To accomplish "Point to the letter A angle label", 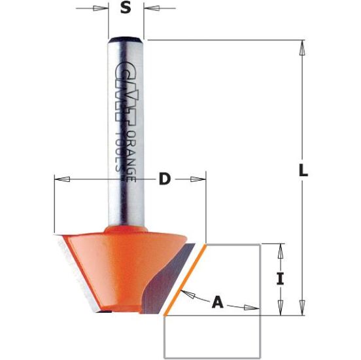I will (x=218, y=302).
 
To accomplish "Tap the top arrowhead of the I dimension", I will (x=283, y=249).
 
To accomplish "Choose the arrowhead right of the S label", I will (x=151, y=9).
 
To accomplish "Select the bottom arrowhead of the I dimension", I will (x=283, y=306).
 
